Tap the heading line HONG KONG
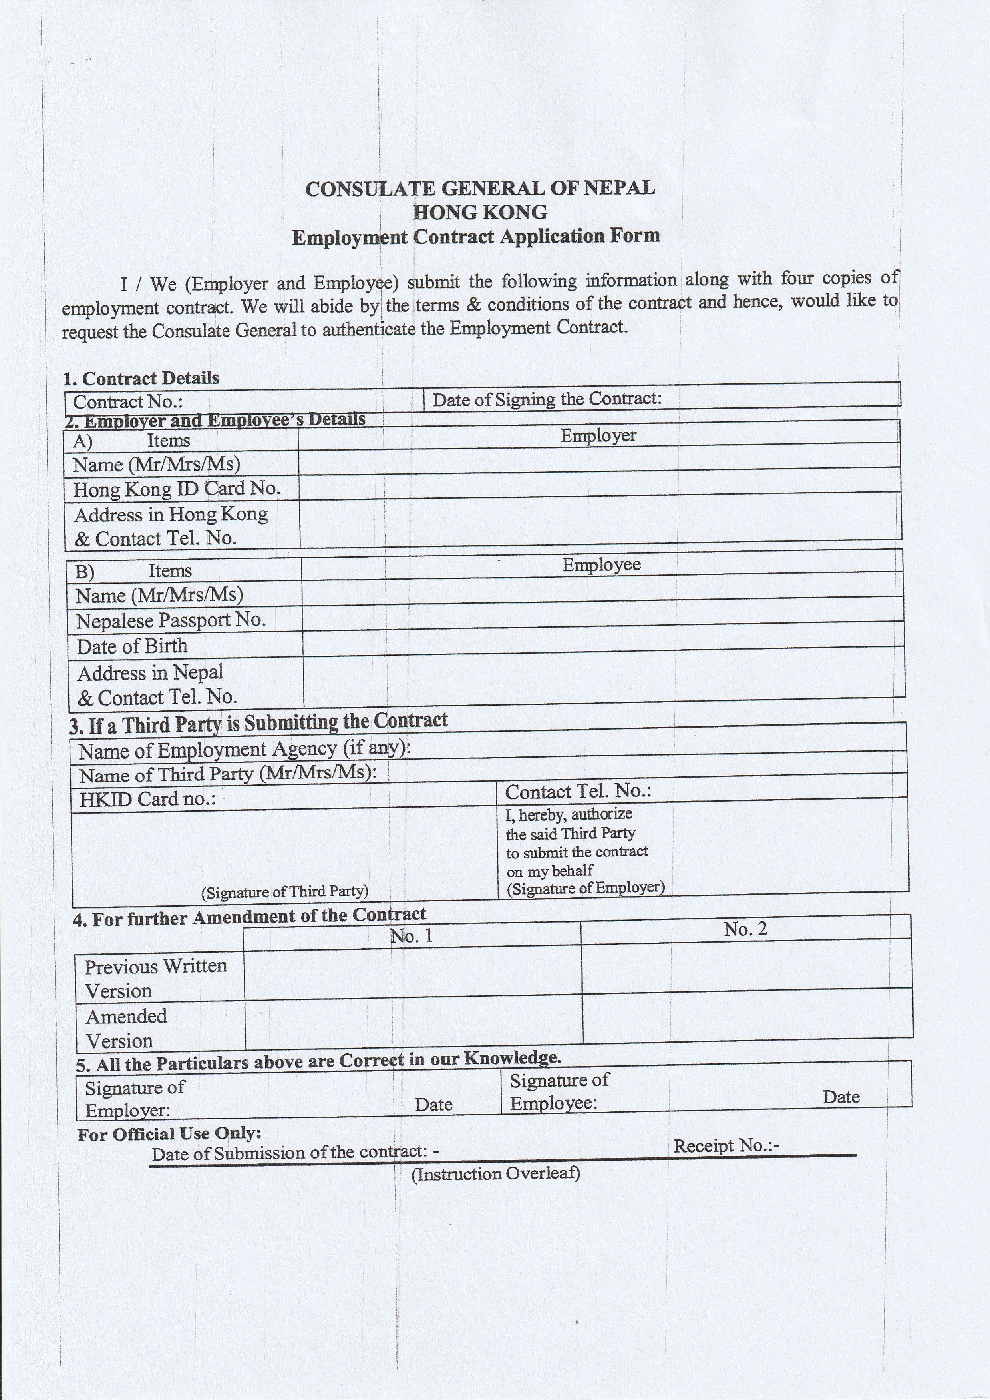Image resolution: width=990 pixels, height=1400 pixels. pos(480,212)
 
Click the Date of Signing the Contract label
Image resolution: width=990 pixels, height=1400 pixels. pos(547,399)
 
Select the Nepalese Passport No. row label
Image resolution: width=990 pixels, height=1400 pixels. pos(171,620)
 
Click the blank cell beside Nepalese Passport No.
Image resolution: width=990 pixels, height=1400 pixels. pos(602,618)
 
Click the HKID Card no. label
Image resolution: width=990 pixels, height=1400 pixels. pos(147,799)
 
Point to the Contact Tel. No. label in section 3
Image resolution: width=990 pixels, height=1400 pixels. pos(578,791)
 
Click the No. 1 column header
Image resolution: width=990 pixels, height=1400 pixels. pos(412,936)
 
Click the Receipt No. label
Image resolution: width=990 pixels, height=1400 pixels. pos(726,1146)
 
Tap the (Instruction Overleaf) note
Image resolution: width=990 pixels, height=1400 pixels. pos(495,1174)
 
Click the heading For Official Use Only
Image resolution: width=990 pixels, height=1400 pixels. pos(169,1133)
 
